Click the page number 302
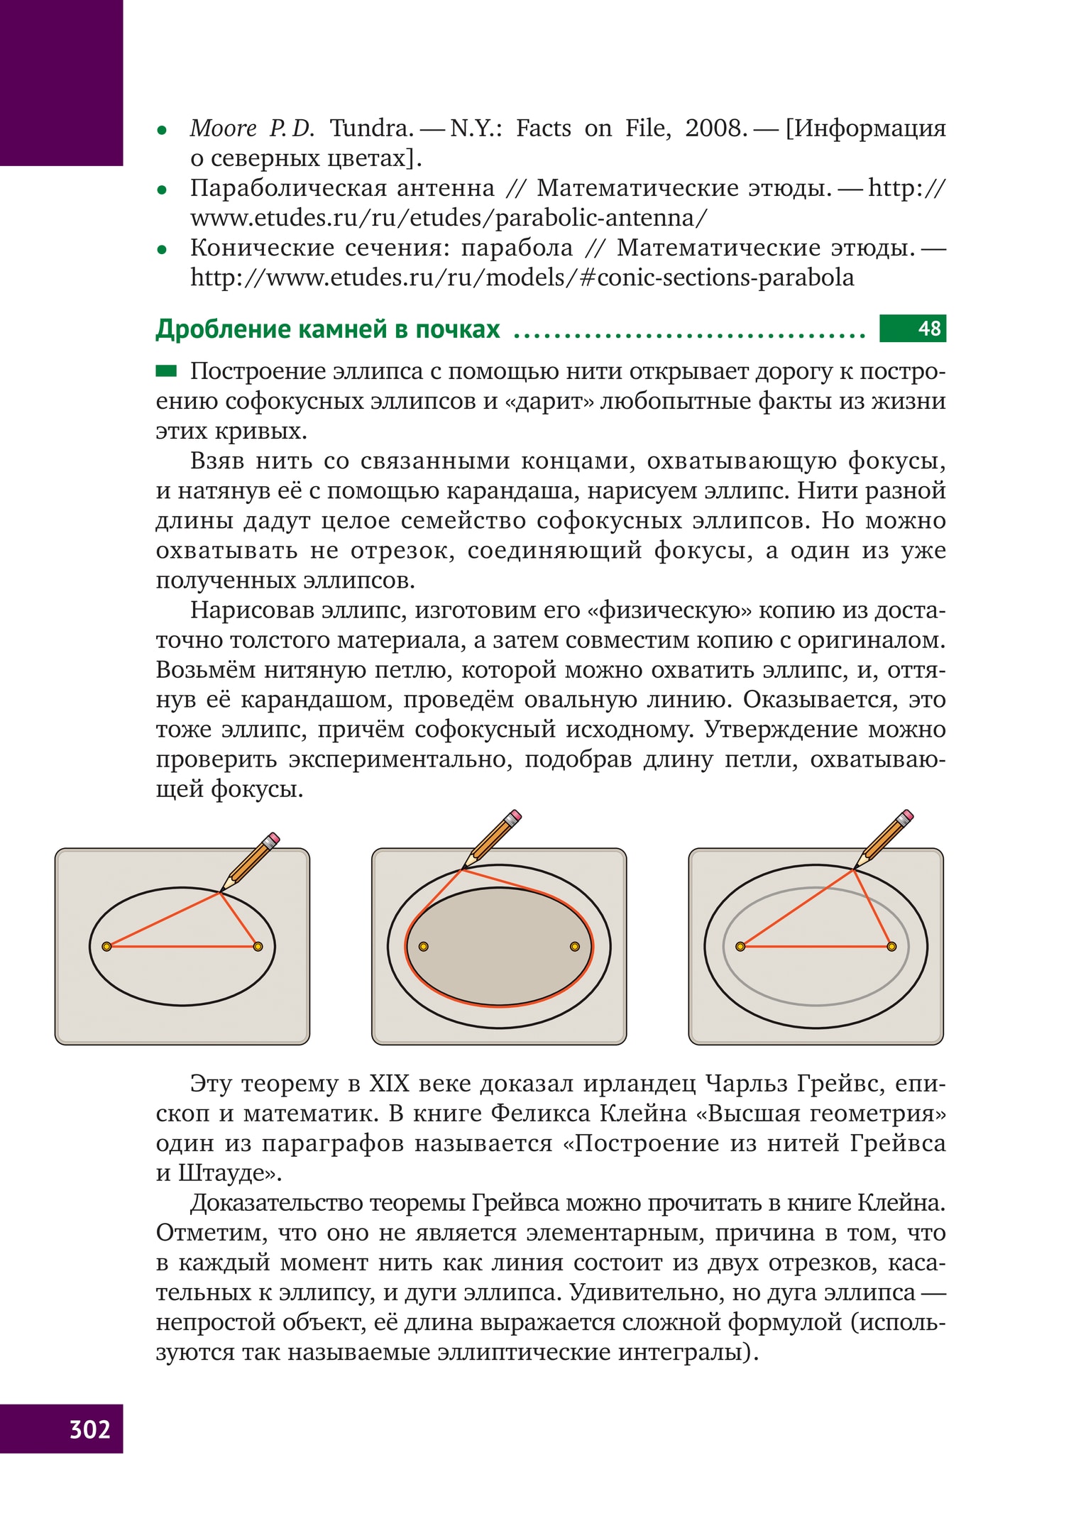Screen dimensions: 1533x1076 tap(89, 1428)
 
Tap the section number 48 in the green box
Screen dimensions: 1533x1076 tap(928, 329)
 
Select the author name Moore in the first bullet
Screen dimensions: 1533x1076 tap(223, 128)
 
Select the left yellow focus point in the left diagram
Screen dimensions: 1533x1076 tap(106, 946)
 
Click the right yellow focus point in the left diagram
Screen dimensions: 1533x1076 tap(258, 946)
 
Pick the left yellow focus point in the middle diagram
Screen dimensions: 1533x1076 tap(424, 946)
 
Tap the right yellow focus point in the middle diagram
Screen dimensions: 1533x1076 tap(575, 946)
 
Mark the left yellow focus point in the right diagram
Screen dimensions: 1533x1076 tap(740, 946)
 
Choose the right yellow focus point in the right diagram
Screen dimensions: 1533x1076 tap(892, 946)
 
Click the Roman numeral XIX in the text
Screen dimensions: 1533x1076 tap(389, 1084)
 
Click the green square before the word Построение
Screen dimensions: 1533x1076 tap(166, 370)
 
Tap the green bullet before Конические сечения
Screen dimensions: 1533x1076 tap(162, 250)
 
